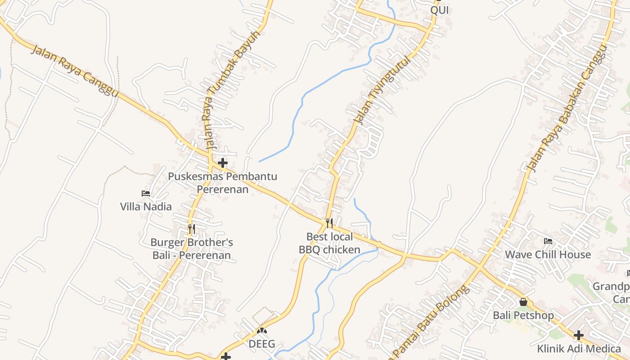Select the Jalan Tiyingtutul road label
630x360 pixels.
(x=383, y=90)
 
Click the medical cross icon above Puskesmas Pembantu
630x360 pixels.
(x=223, y=163)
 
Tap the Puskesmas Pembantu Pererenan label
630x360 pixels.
(x=222, y=182)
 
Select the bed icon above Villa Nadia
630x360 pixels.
(x=146, y=193)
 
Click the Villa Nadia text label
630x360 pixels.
(x=146, y=207)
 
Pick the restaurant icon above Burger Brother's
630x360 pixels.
(x=192, y=229)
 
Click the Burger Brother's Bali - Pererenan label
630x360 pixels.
(x=192, y=249)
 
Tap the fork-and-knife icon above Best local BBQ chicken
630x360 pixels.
(x=329, y=223)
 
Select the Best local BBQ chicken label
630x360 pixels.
(x=329, y=243)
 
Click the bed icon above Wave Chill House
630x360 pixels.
(x=548, y=242)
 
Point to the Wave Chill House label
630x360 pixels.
(x=548, y=254)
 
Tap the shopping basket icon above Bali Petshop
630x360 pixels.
(x=523, y=302)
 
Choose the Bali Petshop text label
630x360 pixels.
(x=523, y=315)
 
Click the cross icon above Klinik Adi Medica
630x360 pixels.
(x=579, y=335)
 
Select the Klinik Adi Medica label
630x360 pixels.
(x=579, y=348)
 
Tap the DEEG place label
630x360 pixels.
(x=262, y=344)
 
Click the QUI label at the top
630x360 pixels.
(x=440, y=10)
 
